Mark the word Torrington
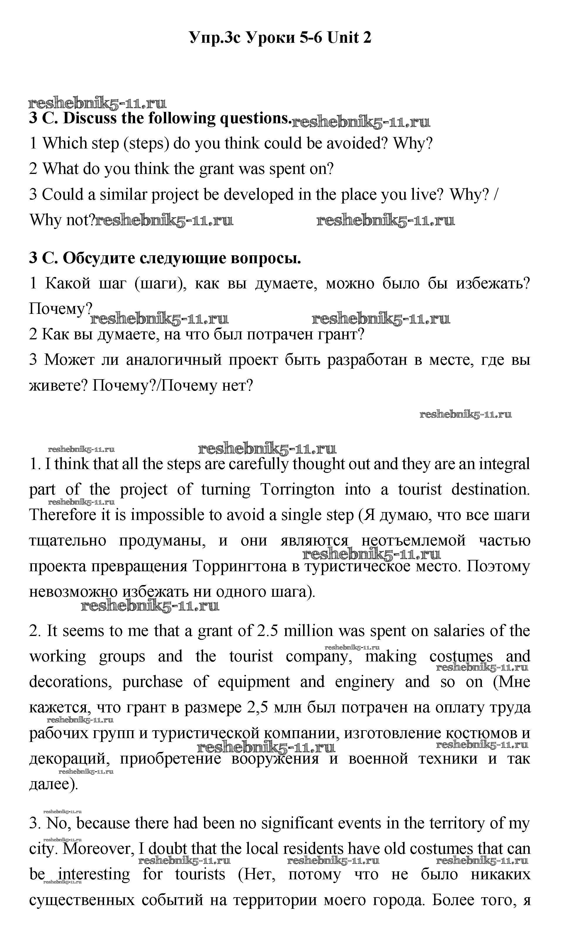click(297, 490)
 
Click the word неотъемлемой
click(413, 541)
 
